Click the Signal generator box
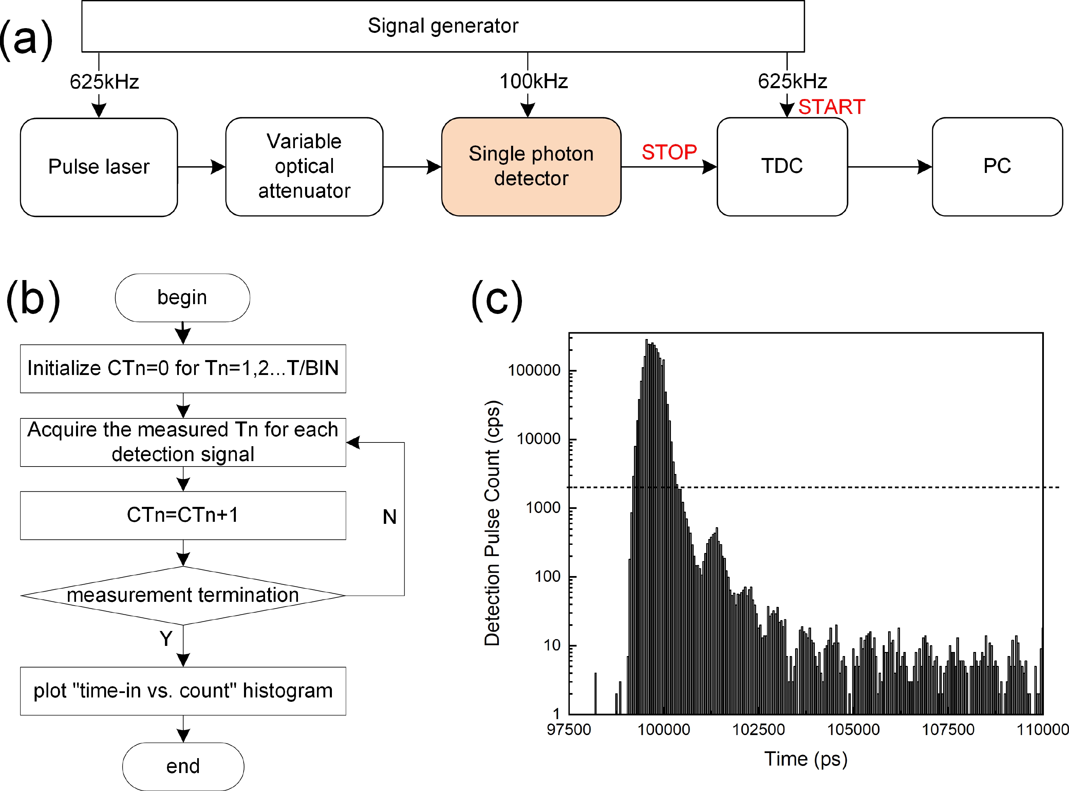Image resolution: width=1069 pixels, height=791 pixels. click(x=443, y=26)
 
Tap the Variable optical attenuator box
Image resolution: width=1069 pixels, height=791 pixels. click(x=304, y=166)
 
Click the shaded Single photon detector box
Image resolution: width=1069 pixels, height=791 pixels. click(x=531, y=166)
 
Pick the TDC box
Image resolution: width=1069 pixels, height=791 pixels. click(x=782, y=166)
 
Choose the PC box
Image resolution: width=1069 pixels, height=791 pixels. click(x=997, y=166)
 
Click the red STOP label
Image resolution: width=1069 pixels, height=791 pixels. click(x=669, y=152)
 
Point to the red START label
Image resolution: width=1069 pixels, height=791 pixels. click(x=831, y=107)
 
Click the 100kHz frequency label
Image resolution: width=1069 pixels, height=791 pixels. click(x=533, y=81)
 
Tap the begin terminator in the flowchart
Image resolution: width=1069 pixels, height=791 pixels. click(x=182, y=297)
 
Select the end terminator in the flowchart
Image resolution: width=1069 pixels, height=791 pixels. click(x=183, y=766)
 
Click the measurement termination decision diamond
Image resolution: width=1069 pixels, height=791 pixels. click(x=183, y=595)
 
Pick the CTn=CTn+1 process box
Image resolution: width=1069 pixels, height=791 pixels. click(x=183, y=515)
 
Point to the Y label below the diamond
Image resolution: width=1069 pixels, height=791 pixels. click(x=166, y=638)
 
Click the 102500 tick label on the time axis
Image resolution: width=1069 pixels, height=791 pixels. click(x=758, y=729)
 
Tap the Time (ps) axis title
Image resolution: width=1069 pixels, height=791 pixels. click(x=805, y=759)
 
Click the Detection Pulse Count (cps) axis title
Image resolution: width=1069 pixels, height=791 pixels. click(x=492, y=522)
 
